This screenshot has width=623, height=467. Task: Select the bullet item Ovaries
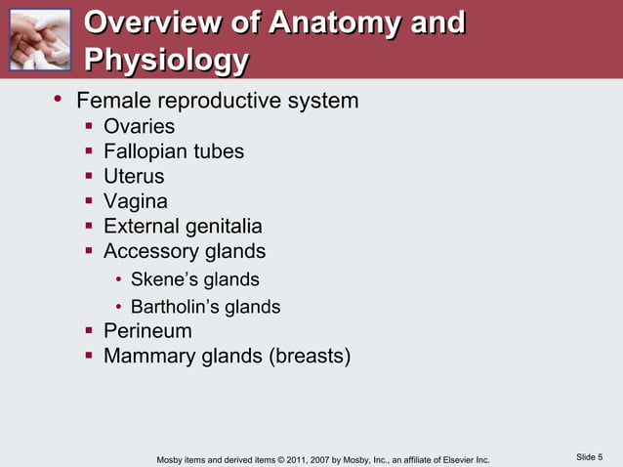click(140, 127)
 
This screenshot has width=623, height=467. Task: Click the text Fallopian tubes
click(174, 152)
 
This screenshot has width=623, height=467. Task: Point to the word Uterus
click(134, 177)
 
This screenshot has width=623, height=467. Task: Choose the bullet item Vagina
click(136, 201)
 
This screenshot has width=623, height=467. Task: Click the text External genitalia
click(183, 227)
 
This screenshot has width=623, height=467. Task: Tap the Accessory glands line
click(185, 252)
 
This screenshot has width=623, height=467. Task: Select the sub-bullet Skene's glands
click(194, 280)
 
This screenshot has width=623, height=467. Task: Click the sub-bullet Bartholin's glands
click(205, 307)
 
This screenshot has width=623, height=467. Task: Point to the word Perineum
click(147, 331)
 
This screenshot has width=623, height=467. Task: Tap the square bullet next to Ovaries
click(88, 127)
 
